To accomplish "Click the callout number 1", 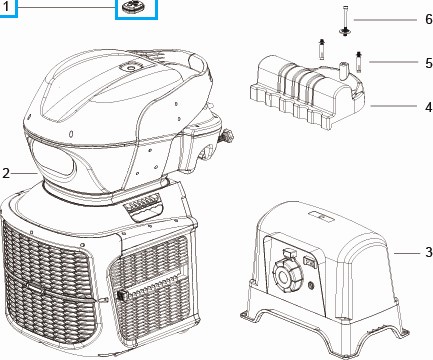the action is point(6,6).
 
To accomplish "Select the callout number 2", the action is point(6,173).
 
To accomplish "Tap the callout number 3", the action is point(429,252).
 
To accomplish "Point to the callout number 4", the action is point(429,107).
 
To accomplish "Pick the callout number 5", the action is point(429,63).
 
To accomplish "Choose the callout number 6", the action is point(429,19).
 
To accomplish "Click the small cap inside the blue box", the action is point(135,6).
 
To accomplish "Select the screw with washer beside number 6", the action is point(345,21).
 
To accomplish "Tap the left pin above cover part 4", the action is point(322,49).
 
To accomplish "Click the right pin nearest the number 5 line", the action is point(359,61).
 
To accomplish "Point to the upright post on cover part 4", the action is point(343,70).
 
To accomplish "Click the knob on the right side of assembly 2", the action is point(227,136).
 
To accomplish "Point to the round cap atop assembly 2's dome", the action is point(131,68).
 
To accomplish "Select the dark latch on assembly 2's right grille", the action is point(122,295).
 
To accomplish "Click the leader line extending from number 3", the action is point(407,253).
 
